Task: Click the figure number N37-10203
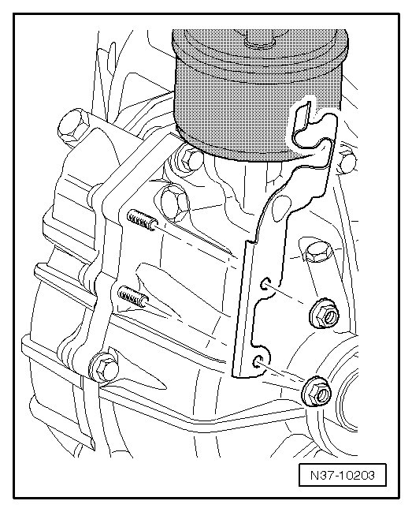point(342,475)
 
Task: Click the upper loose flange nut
point(324,314)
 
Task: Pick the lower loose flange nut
point(317,391)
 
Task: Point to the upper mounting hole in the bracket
point(265,284)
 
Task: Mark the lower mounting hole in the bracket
point(258,361)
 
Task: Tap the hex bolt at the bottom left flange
point(104,368)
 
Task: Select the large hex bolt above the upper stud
point(175,203)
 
